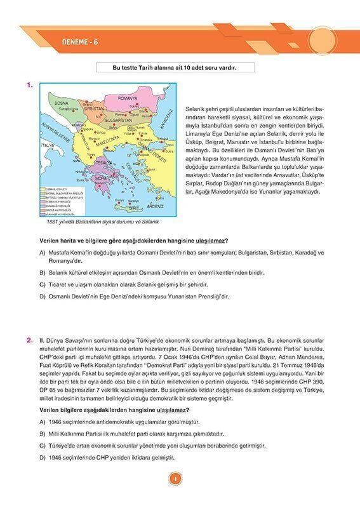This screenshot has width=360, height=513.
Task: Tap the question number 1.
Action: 30,84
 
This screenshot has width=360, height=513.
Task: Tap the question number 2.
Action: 30,341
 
